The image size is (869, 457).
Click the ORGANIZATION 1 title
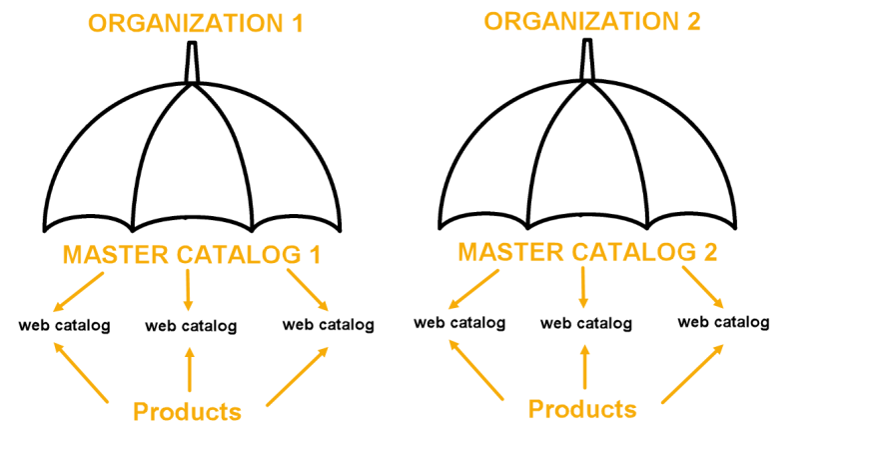click(196, 24)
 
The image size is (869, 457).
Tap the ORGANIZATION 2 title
click(592, 22)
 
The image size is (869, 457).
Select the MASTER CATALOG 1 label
click(192, 255)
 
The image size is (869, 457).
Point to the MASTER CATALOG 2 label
click(587, 252)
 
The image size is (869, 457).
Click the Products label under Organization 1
click(188, 412)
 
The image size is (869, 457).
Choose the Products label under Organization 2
click(582, 409)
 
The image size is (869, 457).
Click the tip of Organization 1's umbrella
click(192, 43)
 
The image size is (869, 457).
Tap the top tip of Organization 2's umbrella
click(587, 40)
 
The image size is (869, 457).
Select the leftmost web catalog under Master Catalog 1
click(64, 325)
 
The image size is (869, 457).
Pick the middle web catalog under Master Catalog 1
click(191, 326)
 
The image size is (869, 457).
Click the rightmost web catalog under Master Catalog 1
click(328, 324)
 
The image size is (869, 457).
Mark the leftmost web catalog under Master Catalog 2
click(459, 323)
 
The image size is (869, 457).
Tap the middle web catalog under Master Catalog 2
click(585, 323)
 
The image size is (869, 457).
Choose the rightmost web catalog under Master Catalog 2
click(723, 322)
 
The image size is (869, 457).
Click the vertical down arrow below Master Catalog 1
click(188, 290)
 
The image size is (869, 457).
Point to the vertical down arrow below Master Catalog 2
click(583, 287)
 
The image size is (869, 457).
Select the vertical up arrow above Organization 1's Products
click(190, 369)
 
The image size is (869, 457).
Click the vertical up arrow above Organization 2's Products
click(584, 367)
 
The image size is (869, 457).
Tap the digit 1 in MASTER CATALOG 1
click(316, 255)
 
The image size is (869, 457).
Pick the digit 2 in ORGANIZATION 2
click(693, 22)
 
